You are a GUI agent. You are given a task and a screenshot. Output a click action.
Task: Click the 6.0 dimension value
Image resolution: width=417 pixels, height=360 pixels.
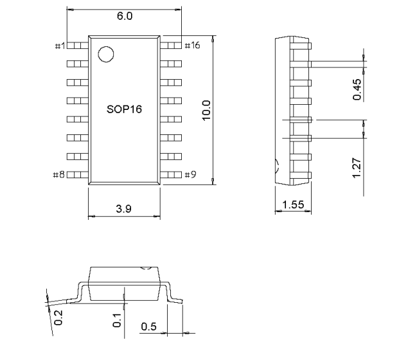(125, 16)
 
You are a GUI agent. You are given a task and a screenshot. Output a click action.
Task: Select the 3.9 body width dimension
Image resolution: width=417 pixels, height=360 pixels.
(123, 209)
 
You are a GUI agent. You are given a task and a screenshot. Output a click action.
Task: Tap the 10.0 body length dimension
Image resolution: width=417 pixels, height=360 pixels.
(206, 111)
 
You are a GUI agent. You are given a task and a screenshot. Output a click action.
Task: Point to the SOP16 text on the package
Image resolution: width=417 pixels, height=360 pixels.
(124, 109)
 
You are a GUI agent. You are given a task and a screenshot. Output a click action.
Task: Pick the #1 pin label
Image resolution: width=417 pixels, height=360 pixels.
(60, 46)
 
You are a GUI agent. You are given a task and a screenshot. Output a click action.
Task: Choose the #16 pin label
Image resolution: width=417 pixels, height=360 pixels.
(192, 45)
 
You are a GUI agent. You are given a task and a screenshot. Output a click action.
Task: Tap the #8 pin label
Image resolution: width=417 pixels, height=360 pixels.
(58, 175)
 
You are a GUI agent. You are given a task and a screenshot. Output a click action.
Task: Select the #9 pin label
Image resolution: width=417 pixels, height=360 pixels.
(190, 175)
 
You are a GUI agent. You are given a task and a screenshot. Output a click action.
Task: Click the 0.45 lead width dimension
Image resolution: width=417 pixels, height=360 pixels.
(357, 89)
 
